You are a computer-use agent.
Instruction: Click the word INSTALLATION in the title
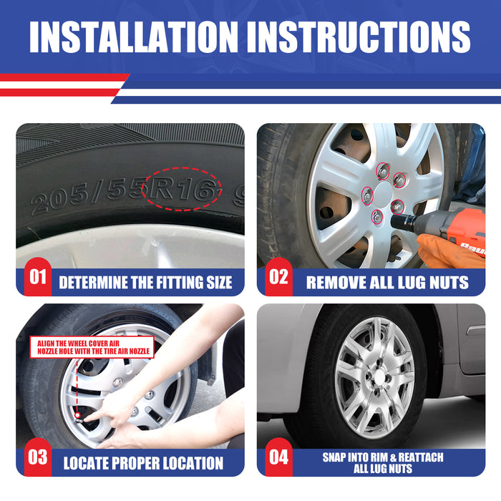pos(134,37)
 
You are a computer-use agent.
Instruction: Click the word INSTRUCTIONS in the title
pos(359,37)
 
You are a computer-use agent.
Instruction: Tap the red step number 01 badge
pos(38,277)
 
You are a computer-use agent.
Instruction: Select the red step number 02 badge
pos(278,277)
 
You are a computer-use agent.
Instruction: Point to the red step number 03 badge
pos(38,457)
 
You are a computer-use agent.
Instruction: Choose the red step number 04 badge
pos(278,457)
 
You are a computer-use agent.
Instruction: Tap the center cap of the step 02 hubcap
pos(383,194)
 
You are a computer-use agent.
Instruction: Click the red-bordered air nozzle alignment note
pos(92,347)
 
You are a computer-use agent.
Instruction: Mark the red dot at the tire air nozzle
pos(77,415)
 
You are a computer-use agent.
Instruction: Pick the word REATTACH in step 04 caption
pos(421,457)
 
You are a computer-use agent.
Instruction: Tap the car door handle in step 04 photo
pos(475,330)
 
